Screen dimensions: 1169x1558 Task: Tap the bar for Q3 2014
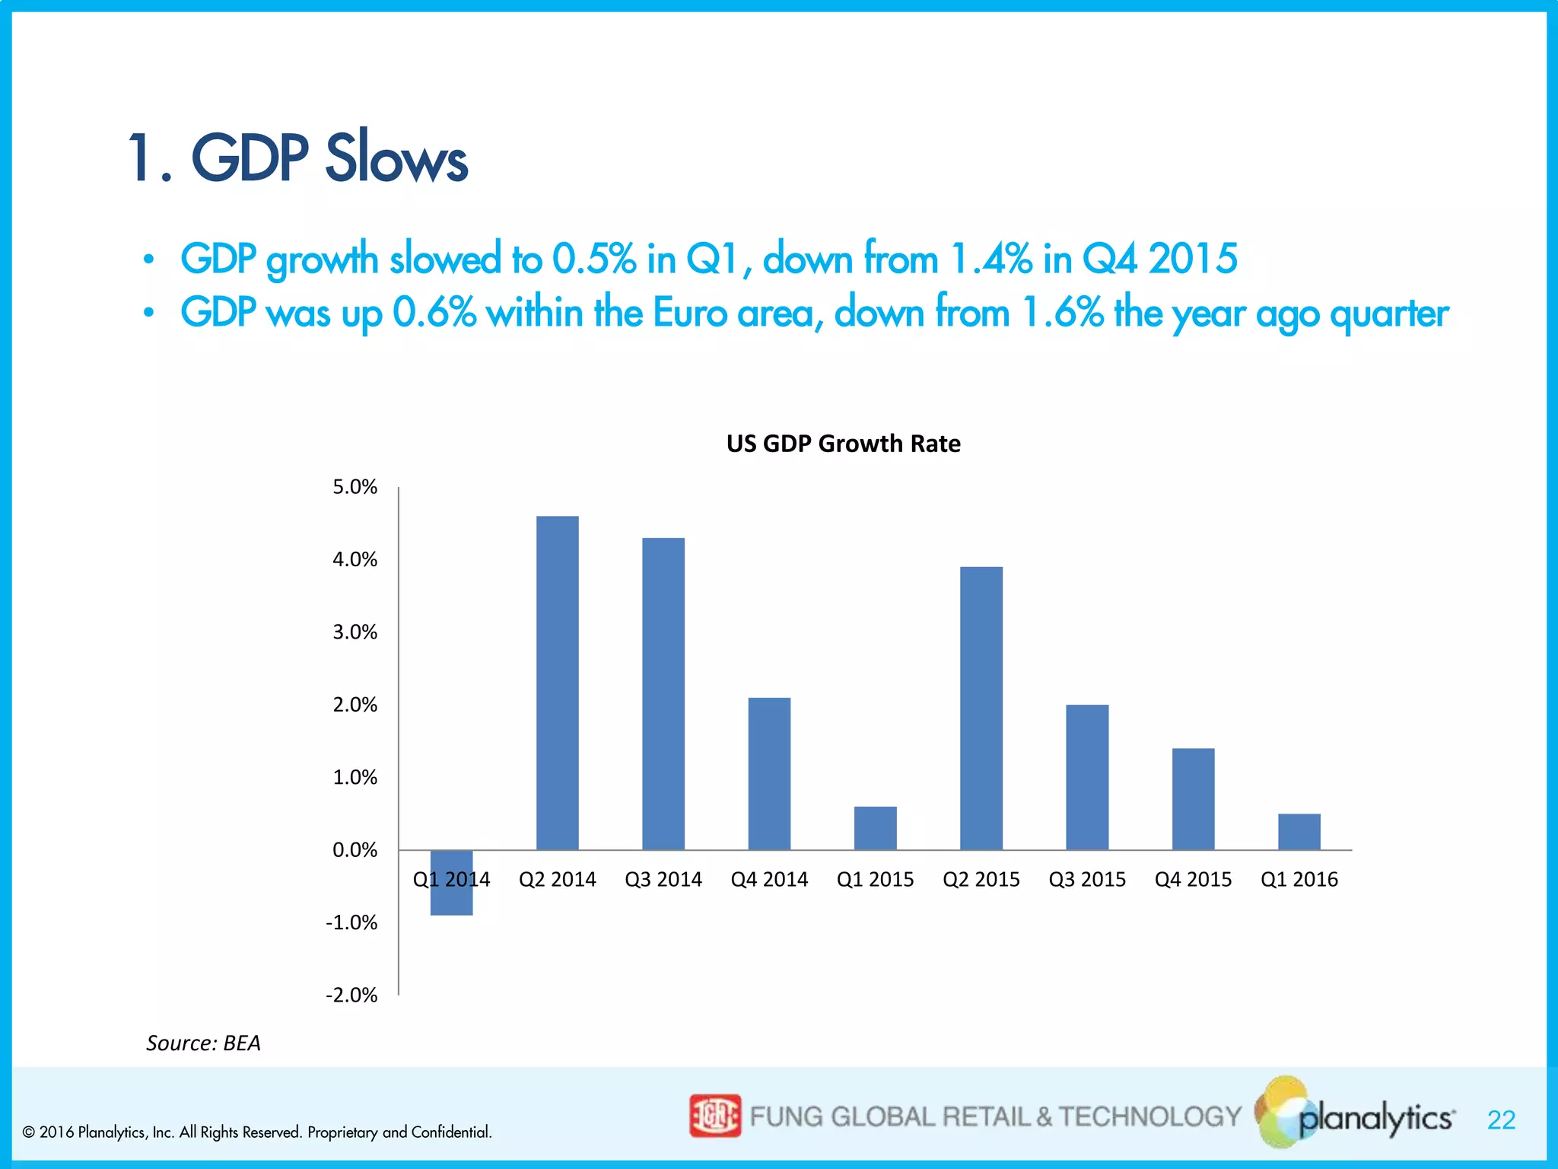pos(663,693)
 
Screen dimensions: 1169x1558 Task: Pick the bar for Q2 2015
pos(981,708)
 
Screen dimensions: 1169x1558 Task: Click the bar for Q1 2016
pos(1299,832)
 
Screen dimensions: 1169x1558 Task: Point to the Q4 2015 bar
pos(1193,799)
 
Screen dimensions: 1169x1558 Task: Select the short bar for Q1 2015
pos(875,828)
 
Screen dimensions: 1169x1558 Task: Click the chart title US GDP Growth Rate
pos(843,443)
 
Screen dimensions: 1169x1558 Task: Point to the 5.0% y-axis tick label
pos(355,487)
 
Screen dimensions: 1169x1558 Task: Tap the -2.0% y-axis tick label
pos(351,995)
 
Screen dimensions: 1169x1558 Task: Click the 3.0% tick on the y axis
pos(355,632)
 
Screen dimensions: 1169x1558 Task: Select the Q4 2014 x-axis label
pos(769,880)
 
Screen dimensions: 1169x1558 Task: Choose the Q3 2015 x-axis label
pos(1087,880)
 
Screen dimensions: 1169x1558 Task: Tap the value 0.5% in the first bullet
pos(593,259)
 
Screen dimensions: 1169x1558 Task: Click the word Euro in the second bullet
pos(690,313)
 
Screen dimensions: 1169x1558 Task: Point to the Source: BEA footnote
pos(203,1043)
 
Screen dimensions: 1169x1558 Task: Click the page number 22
pos(1501,1120)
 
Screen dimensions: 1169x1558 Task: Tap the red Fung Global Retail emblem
pos(714,1116)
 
